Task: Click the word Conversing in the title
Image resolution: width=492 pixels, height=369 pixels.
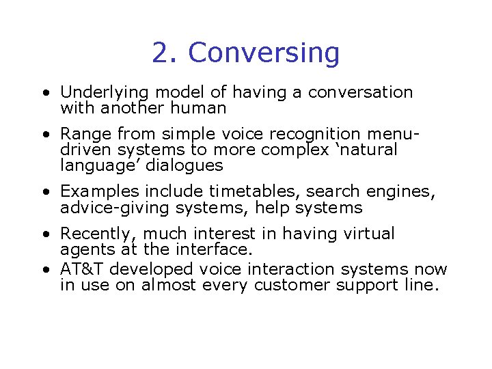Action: click(x=264, y=53)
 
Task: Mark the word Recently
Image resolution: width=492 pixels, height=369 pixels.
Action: click(x=100, y=234)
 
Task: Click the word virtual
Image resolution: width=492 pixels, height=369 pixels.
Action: click(x=368, y=234)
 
